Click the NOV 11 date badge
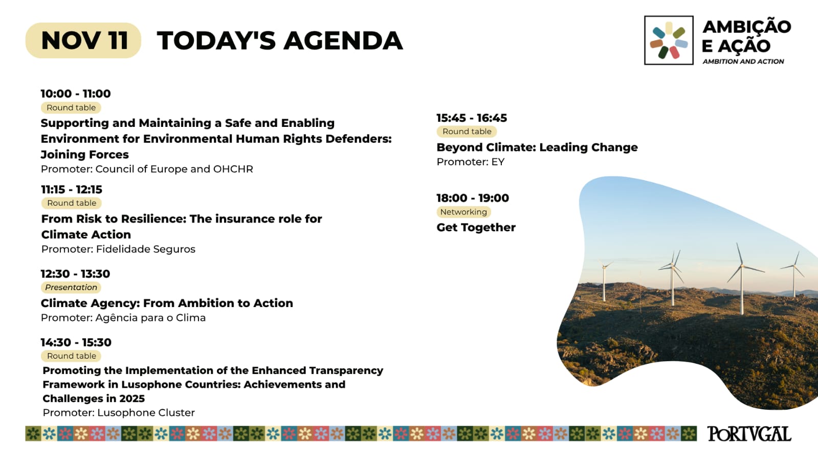83,40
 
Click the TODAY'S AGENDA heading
280,40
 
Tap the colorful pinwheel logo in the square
669,40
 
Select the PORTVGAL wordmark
749,434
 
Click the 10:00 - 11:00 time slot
76,94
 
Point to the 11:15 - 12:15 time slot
72,189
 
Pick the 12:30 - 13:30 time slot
75,274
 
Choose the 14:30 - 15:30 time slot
76,342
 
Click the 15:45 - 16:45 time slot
472,118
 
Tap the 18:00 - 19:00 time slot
473,198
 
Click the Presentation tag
71,288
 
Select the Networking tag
463,212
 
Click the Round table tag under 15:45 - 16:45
467,132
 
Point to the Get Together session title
476,227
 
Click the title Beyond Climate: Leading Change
537,147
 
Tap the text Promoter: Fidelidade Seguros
118,249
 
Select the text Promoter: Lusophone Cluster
119,412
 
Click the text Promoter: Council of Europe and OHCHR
147,169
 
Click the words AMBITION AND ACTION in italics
743,61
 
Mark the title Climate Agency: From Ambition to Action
167,303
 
